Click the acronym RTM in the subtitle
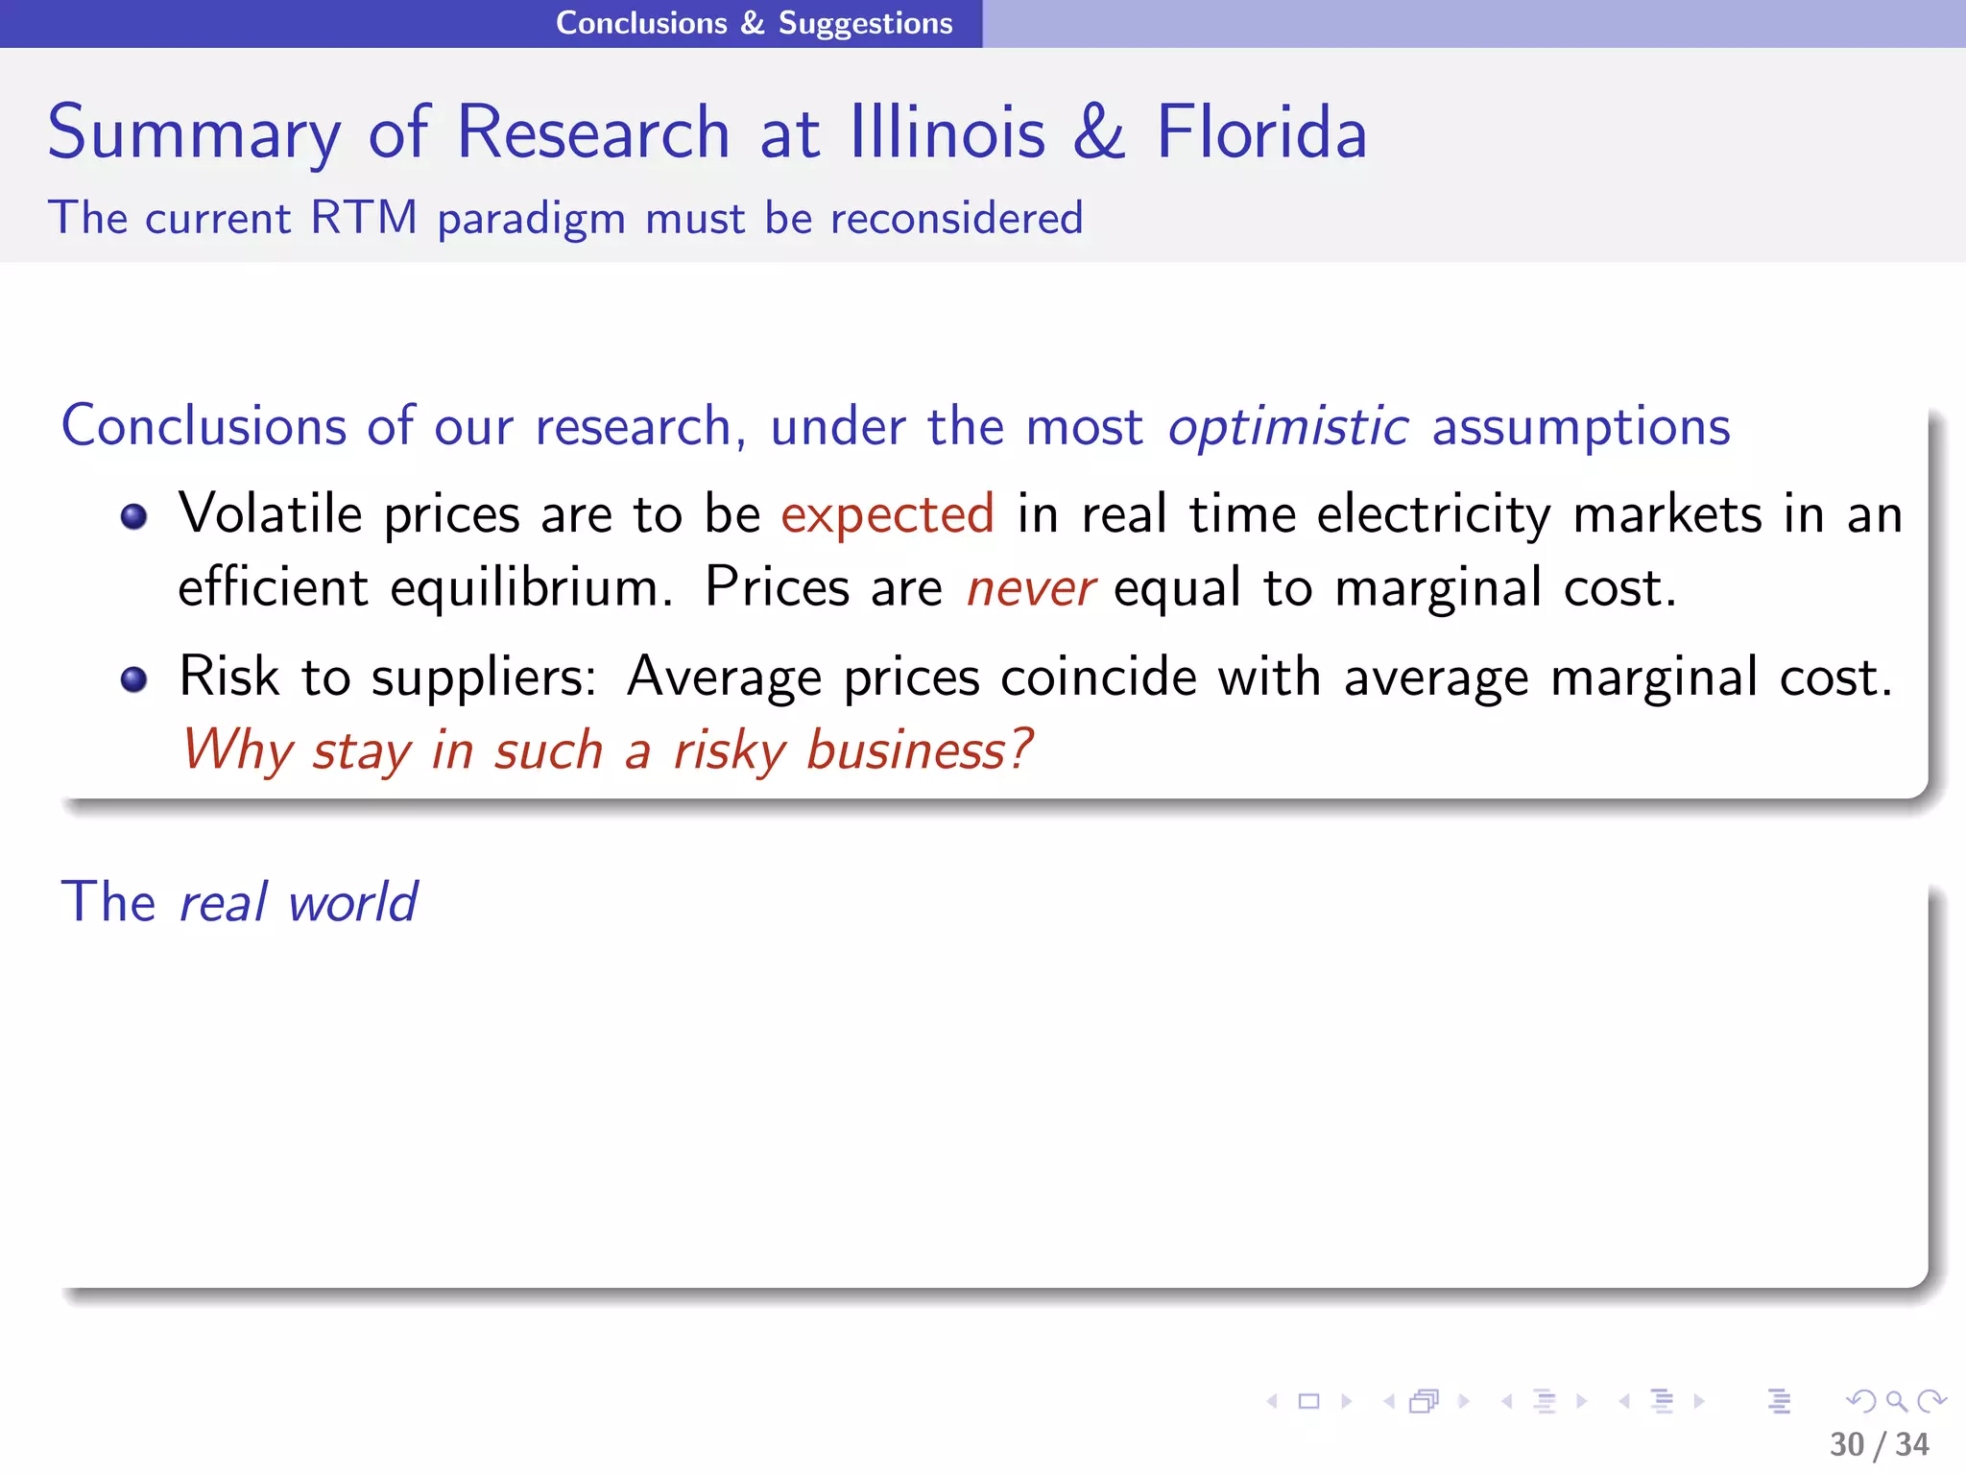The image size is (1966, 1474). point(364,218)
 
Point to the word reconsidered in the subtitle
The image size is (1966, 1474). point(956,218)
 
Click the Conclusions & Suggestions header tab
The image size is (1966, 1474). point(754,23)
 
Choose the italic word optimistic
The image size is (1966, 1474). point(1288,426)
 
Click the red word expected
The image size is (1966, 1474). point(887,514)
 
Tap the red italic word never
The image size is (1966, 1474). point(1030,587)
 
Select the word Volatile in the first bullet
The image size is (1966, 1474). point(270,513)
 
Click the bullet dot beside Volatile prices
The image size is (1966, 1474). point(134,517)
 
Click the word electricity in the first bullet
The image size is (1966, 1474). point(1433,514)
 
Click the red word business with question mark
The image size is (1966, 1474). point(919,750)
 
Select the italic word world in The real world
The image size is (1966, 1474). point(352,903)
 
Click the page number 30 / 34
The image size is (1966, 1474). point(1879,1444)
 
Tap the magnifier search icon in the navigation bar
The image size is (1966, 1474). point(1896,1402)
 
